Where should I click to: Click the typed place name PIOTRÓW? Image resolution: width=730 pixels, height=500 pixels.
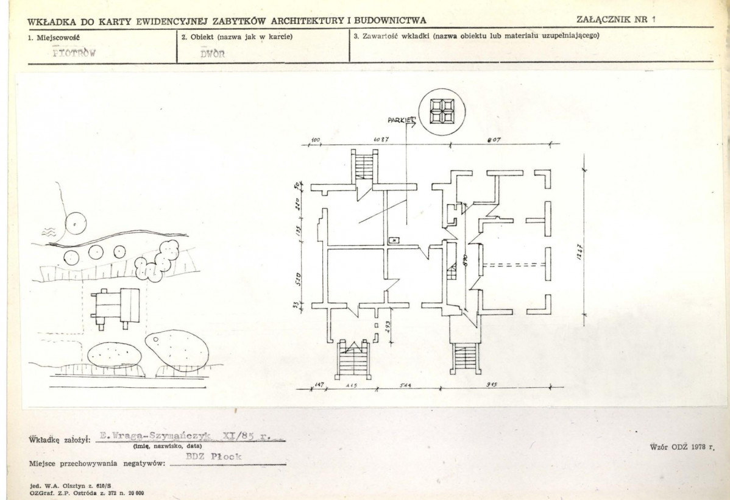point(75,52)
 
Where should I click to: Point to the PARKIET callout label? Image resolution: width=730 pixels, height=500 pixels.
point(400,120)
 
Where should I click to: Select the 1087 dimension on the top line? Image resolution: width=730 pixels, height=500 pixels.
point(382,140)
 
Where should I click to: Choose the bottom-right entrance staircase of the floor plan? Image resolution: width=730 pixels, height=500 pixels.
point(464,358)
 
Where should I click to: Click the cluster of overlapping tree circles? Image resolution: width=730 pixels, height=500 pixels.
point(157,260)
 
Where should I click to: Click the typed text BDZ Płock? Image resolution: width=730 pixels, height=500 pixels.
point(213,457)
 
